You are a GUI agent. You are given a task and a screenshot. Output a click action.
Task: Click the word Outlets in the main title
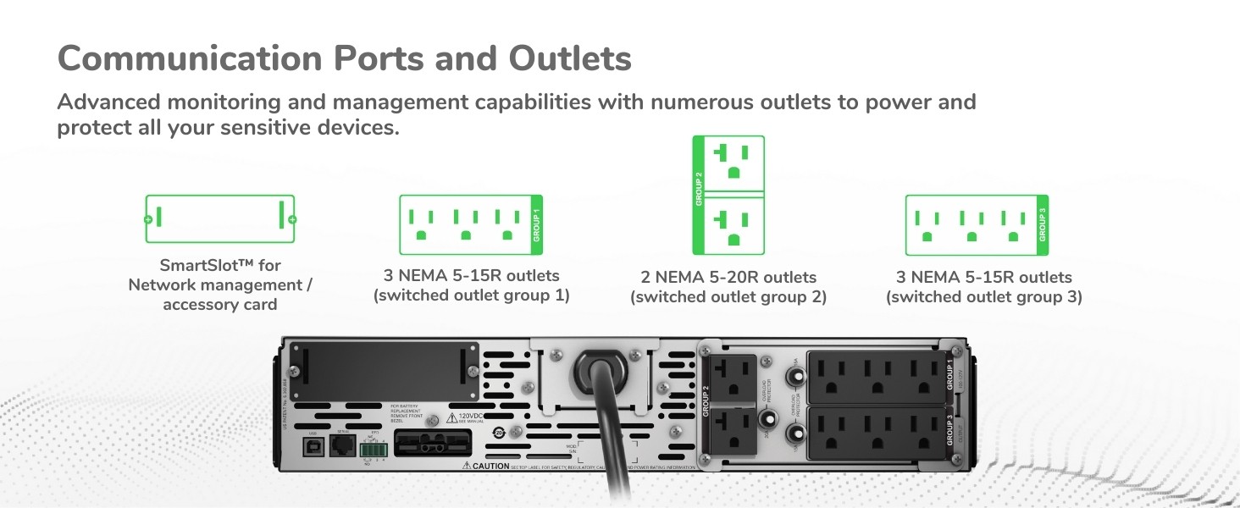coord(570,58)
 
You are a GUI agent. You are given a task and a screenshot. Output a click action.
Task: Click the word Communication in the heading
coord(191,58)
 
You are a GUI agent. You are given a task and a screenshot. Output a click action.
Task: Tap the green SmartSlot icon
coord(220,219)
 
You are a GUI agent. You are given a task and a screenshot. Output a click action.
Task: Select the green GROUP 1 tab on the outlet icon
coord(535,225)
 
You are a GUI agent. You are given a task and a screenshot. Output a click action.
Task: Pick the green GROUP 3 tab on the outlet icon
coord(1042,225)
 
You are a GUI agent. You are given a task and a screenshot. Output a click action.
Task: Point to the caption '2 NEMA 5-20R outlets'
coord(728,278)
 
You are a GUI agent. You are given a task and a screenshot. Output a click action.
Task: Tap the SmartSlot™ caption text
coord(220,266)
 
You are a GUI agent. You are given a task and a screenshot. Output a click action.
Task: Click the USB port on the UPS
coord(312,446)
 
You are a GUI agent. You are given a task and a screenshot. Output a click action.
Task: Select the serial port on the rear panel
coord(343,446)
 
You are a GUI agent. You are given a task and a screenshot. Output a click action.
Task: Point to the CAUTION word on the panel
coord(491,466)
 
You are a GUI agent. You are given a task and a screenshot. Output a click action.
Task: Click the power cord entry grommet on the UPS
coord(603,371)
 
